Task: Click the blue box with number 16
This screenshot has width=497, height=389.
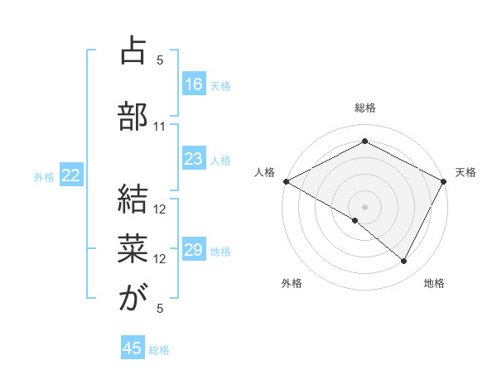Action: [194, 84]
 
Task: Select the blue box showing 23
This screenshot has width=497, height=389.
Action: [194, 159]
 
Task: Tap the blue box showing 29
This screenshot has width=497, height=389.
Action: [194, 250]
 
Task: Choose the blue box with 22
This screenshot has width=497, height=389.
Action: [71, 175]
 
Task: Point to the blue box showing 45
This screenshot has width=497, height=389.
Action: [133, 348]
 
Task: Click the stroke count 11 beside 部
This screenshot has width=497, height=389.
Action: [160, 126]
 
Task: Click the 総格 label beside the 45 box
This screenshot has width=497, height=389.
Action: [159, 349]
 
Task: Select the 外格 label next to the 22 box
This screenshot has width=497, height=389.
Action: [44, 175]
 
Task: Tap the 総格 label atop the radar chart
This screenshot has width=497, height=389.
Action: [364, 108]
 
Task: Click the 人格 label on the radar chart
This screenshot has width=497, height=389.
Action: [265, 172]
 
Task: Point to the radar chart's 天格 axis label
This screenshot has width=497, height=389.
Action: [466, 172]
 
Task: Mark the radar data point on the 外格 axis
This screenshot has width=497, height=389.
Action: [355, 220]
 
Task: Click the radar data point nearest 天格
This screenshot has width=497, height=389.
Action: [444, 181]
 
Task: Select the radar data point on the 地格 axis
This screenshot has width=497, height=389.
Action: [404, 262]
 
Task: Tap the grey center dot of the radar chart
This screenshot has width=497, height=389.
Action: [364, 206]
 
